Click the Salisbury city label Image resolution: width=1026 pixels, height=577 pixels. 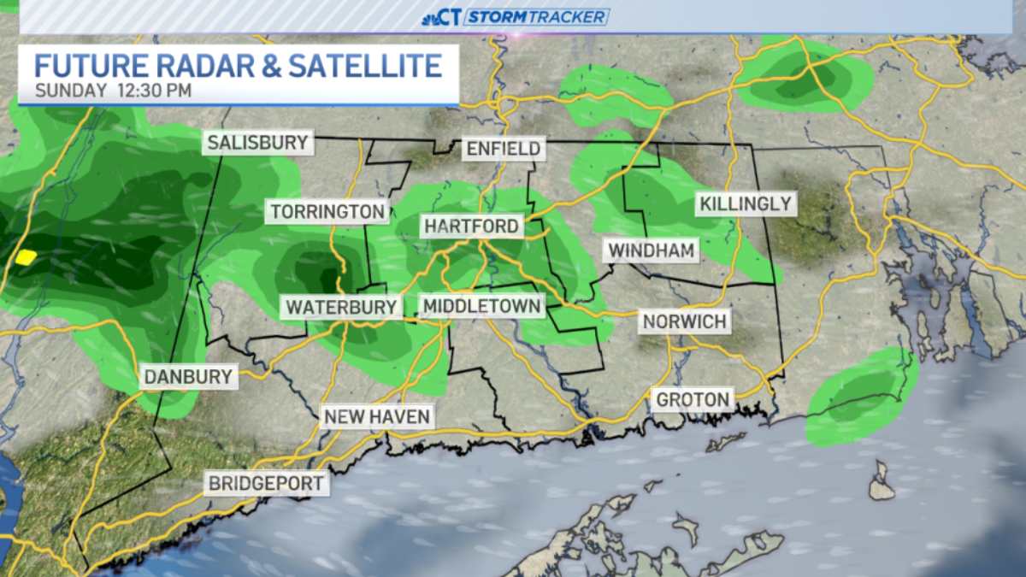[257, 142]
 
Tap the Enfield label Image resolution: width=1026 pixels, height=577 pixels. [503, 149]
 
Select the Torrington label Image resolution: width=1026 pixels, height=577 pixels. [327, 210]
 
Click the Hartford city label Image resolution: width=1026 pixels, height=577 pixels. [471, 226]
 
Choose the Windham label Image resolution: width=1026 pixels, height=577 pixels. [651, 250]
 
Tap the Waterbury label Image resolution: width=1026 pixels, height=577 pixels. [341, 306]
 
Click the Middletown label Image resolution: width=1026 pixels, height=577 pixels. [481, 306]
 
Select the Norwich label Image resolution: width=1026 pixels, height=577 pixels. [685, 321]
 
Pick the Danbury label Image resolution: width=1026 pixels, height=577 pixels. [188, 376]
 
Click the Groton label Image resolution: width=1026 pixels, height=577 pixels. [693, 398]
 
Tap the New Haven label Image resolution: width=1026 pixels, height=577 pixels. [377, 416]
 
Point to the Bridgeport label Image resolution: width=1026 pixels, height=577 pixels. [267, 483]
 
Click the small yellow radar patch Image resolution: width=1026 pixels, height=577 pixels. [27, 256]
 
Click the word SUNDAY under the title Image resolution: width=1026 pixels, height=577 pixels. [71, 90]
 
